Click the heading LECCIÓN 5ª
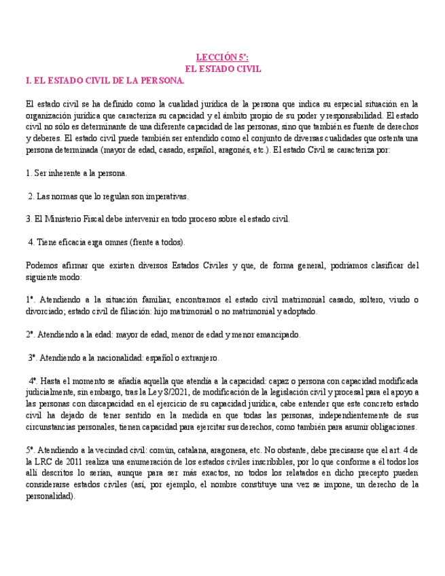point(222,58)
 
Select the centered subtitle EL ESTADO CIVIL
point(223,69)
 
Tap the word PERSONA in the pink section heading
point(161,81)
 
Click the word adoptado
point(298,312)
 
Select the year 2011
point(65,462)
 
